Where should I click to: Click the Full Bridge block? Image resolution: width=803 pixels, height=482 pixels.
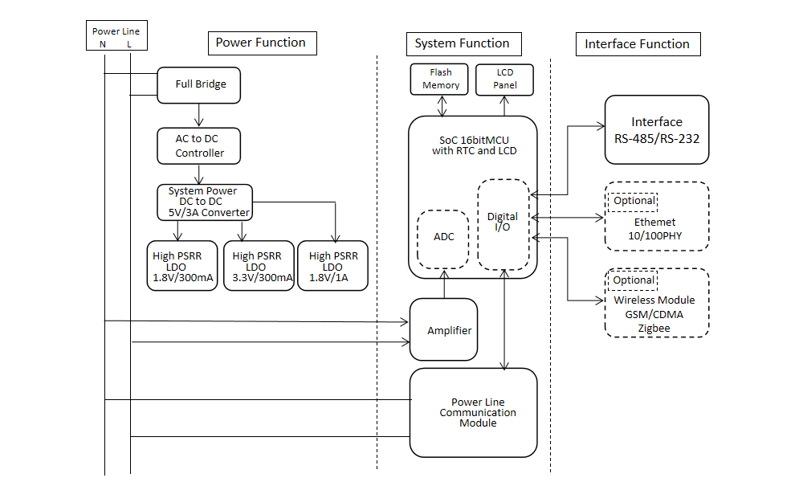[199, 84]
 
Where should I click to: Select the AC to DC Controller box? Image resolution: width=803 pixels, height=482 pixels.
[199, 145]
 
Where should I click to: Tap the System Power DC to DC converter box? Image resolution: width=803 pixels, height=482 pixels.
[204, 202]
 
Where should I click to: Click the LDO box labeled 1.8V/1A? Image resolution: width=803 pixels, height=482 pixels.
[332, 266]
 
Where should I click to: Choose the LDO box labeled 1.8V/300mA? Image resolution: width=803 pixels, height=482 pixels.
[182, 266]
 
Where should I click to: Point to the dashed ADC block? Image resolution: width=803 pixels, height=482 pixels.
[443, 239]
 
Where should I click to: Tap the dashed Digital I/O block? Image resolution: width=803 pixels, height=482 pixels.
[503, 224]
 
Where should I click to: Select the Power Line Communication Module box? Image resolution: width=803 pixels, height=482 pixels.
[473, 412]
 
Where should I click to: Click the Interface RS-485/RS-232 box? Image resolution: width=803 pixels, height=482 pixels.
[656, 130]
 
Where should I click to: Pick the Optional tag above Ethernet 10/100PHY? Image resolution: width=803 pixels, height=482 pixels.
[633, 201]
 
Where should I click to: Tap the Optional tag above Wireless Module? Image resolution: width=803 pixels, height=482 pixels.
[633, 280]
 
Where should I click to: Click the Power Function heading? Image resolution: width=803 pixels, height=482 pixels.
[261, 43]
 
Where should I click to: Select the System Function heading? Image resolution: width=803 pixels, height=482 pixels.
[462, 43]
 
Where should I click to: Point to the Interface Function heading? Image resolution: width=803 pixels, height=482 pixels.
[638, 44]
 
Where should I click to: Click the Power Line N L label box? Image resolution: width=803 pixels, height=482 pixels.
[116, 37]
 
